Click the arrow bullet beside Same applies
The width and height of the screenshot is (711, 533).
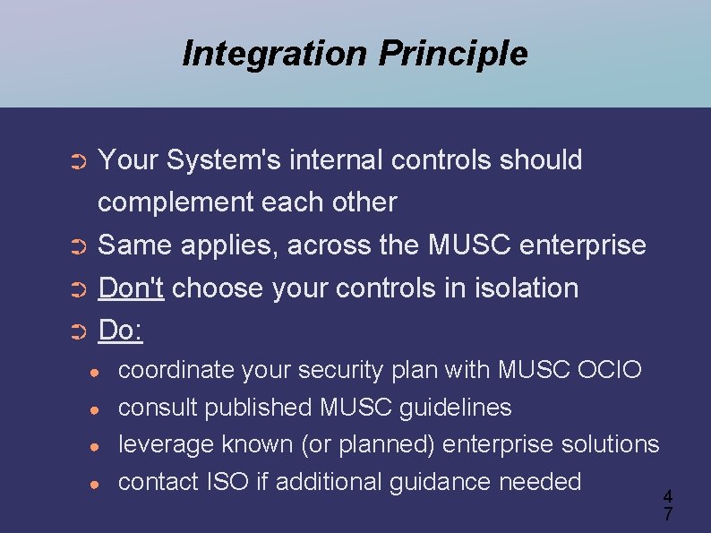point(77,246)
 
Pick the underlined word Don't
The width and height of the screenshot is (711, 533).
point(131,288)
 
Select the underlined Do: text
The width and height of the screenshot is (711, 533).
point(121,331)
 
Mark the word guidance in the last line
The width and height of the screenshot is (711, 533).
point(440,482)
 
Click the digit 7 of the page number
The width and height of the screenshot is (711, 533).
point(667,514)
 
